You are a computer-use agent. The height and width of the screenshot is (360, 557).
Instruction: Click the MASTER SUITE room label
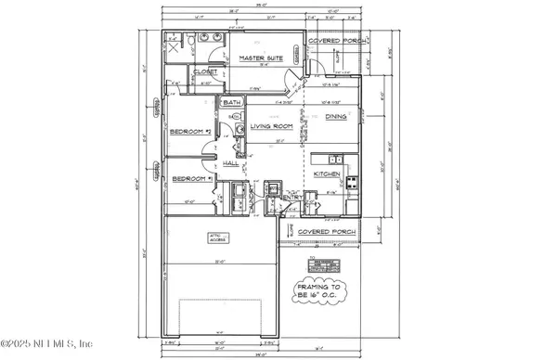[x=260, y=58]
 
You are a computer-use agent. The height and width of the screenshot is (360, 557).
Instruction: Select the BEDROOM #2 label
[x=190, y=132]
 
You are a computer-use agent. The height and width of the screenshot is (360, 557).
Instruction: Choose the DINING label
[x=336, y=117]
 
